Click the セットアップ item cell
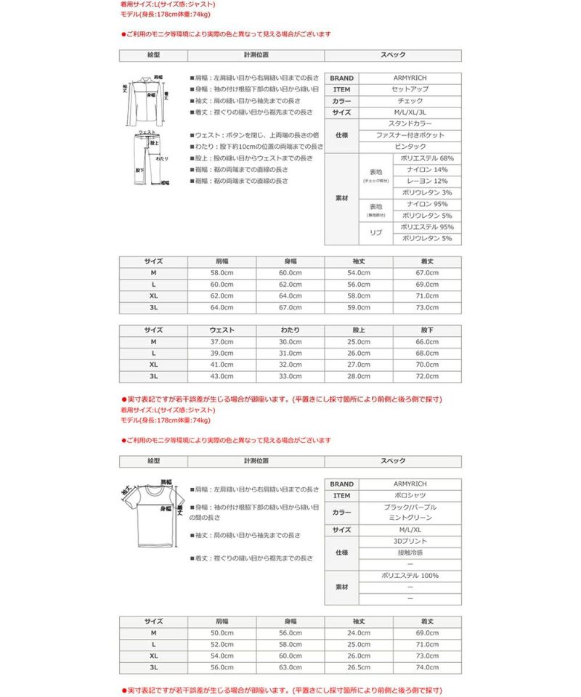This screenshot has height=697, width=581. coord(410,90)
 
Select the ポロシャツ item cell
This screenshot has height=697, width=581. coord(410,496)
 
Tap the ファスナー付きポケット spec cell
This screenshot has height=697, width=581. coord(410,135)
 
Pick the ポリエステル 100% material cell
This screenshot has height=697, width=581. coord(410,576)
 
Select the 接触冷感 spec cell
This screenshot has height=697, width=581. coord(410,553)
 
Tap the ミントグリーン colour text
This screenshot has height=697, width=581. coord(410,518)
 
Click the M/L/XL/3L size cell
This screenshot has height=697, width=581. coord(410,113)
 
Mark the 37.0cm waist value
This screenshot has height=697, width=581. coord(222,342)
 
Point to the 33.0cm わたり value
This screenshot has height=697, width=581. coord(290,376)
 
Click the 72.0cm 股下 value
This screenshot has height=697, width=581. coord(427,376)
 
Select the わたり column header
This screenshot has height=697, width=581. coord(290,330)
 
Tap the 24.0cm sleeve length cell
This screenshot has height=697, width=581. coord(359,633)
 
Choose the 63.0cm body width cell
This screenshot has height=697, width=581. coord(290,667)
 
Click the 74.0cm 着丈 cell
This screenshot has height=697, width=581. coord(427,667)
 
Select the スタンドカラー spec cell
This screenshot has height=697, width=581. coord(410,124)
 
